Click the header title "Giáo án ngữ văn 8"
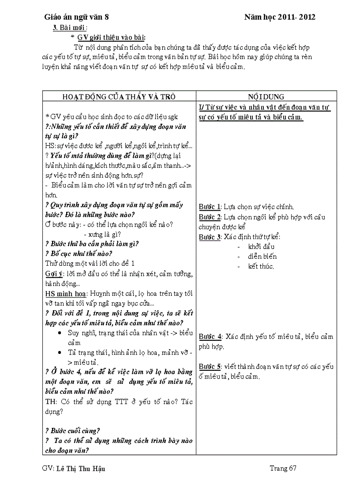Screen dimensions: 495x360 click(76, 17)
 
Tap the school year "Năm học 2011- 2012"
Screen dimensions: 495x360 click(280, 17)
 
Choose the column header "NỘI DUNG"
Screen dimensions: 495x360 click(266, 97)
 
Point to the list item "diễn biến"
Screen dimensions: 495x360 click(262, 256)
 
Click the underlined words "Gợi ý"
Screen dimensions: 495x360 click(53, 274)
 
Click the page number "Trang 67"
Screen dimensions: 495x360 click(283, 468)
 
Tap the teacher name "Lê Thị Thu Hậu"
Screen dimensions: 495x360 click(81, 469)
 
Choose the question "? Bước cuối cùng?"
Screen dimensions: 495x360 click(73, 431)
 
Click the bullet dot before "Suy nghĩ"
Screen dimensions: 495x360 click(60, 332)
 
